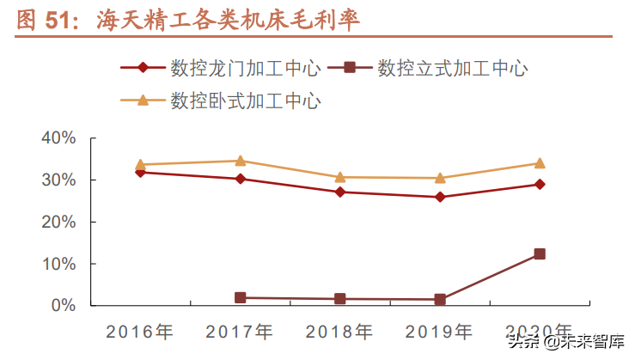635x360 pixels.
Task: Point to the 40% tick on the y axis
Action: tap(58, 138)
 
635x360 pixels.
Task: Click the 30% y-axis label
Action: tap(58, 180)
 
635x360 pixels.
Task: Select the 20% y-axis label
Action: tap(58, 222)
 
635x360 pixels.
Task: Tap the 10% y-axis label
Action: tap(58, 264)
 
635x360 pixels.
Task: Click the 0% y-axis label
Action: tap(64, 305)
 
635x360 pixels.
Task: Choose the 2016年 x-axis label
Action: tap(139, 332)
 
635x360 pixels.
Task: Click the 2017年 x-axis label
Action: tap(240, 332)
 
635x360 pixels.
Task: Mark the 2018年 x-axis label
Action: tap(339, 332)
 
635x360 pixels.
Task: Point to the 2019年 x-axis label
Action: tap(440, 332)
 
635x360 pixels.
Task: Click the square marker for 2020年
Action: tap(540, 253)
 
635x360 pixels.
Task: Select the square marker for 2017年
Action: tap(240, 297)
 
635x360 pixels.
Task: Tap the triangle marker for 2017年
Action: tap(240, 161)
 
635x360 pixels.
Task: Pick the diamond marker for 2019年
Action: tap(440, 197)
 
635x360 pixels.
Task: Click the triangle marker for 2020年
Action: tap(540, 163)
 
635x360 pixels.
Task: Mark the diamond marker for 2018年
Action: tap(339, 192)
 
